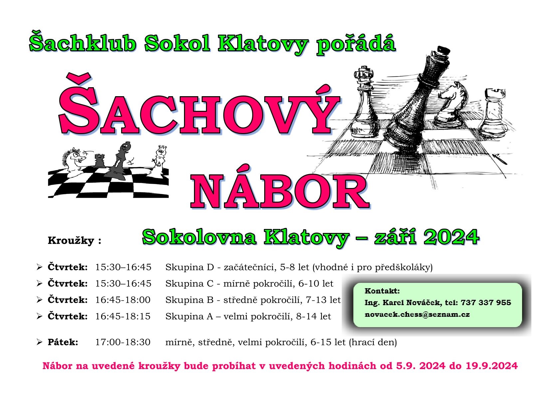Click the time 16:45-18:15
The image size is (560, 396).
[123, 316]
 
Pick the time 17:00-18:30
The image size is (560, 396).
[123, 342]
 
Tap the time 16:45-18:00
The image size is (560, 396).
[123, 300]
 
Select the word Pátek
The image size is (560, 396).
[63, 342]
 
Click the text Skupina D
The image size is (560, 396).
[190, 267]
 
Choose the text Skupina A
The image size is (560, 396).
[189, 316]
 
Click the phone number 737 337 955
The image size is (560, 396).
[486, 302]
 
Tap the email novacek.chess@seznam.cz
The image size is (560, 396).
[417, 314]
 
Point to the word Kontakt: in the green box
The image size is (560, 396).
[382, 291]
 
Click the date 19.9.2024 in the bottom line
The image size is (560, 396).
[491, 366]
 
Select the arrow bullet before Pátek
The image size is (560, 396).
[39, 342]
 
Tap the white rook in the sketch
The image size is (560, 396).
[494, 112]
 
